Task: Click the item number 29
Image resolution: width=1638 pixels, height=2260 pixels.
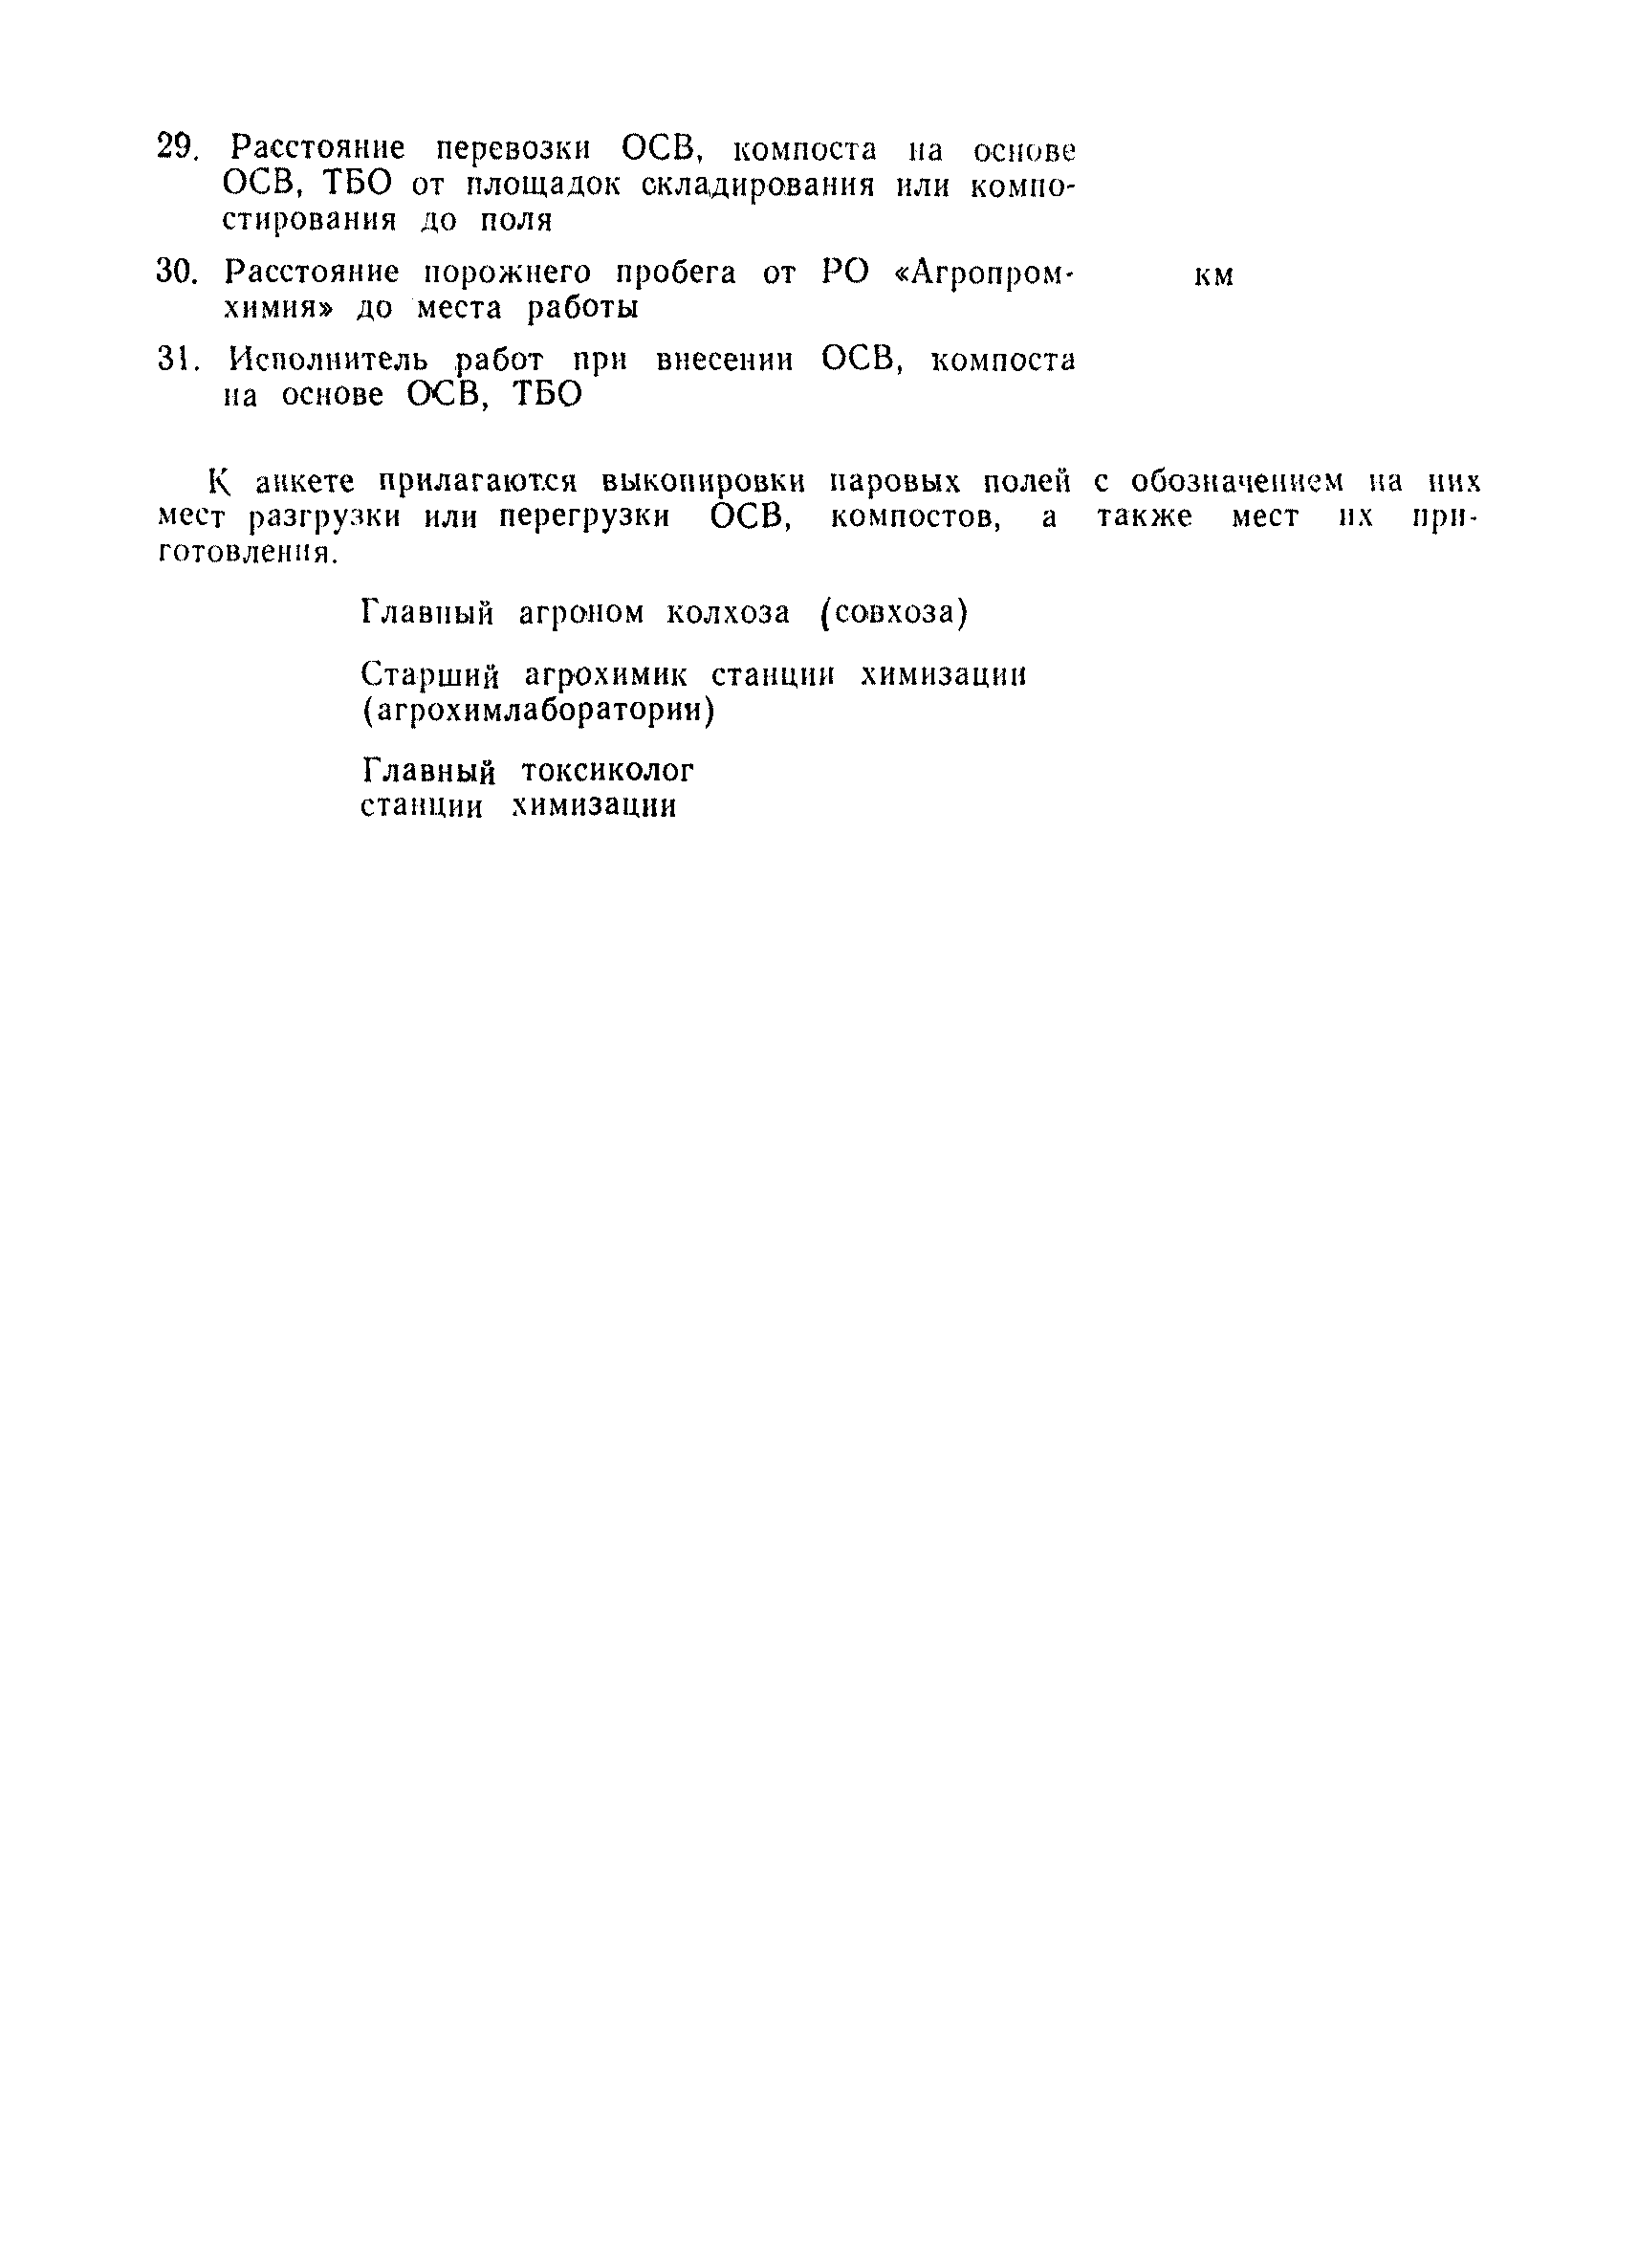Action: [x=176, y=148]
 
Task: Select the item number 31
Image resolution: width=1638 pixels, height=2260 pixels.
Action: [x=177, y=360]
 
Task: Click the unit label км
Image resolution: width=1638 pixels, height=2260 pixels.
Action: [x=1213, y=276]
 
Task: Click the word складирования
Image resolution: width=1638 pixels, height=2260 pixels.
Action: [x=757, y=187]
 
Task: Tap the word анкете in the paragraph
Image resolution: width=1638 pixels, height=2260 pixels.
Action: [x=305, y=483]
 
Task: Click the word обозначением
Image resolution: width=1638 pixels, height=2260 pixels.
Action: [x=1236, y=482]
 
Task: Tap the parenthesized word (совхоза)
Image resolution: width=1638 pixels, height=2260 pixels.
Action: [x=893, y=613]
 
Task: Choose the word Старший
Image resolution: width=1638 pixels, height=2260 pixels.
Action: [x=428, y=676]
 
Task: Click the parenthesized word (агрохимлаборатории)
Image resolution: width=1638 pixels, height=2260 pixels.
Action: [x=538, y=712]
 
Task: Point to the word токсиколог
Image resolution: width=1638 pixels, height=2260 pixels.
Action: [x=607, y=771]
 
